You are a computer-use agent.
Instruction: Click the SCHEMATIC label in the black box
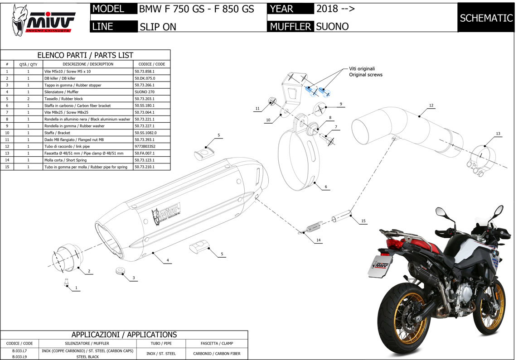[x=486, y=18]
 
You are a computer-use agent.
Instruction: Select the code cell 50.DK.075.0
[x=145, y=78]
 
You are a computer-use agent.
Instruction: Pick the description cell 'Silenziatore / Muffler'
[x=61, y=92]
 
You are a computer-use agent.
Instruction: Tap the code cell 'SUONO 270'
[x=145, y=92]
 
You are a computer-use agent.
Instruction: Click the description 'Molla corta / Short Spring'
[x=65, y=160]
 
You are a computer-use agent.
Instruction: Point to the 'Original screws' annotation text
[x=366, y=75]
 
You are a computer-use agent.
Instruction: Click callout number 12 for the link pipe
[x=431, y=106]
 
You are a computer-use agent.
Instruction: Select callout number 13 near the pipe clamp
[x=498, y=134]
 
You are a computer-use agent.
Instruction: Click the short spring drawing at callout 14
[x=310, y=227]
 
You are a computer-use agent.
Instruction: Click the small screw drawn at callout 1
[x=66, y=282]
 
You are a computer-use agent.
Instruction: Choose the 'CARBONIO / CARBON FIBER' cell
[x=217, y=354]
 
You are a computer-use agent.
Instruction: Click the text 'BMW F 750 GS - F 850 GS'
[x=196, y=9]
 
